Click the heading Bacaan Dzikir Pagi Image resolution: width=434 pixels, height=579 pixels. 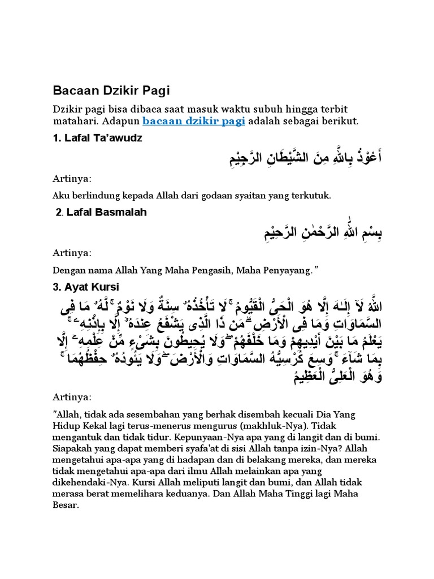point(111,90)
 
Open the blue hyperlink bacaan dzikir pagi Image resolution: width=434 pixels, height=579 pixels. point(193,122)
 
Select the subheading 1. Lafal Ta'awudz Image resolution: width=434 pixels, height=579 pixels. point(97,138)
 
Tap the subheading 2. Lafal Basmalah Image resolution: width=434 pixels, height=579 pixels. point(102,212)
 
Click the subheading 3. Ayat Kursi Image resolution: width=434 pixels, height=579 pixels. point(86,287)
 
